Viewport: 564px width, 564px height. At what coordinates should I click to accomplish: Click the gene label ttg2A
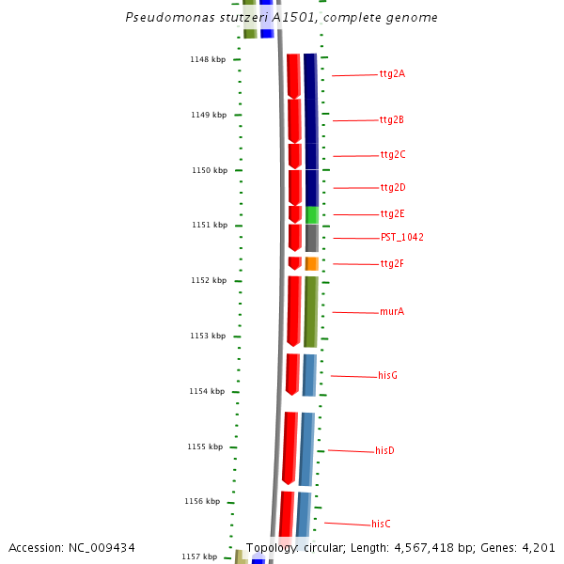[x=392, y=73]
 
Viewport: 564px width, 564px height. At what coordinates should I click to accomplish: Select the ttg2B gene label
[x=392, y=120]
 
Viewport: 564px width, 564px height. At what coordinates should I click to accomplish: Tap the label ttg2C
[x=393, y=154]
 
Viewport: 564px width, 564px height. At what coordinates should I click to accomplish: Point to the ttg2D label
[x=393, y=188]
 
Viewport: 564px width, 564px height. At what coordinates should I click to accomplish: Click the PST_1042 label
[x=401, y=237]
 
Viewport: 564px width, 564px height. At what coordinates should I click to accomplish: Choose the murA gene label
[x=392, y=311]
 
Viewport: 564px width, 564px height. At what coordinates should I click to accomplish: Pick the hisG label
[x=387, y=375]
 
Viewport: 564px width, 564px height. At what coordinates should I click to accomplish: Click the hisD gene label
[x=384, y=451]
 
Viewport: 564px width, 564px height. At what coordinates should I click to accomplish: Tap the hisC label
[x=381, y=524]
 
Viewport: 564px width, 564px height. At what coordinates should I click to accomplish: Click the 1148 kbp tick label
[x=208, y=59]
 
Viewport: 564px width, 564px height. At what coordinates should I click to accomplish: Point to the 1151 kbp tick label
[x=208, y=226]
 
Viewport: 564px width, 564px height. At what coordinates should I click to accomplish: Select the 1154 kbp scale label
[x=207, y=391]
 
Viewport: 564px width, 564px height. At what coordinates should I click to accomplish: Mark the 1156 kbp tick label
[x=203, y=502]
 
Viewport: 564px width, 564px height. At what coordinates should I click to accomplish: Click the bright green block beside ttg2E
[x=312, y=214]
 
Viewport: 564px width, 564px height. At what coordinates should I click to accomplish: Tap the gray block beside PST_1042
[x=311, y=238]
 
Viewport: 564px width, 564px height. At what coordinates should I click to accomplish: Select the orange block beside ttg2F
[x=311, y=264]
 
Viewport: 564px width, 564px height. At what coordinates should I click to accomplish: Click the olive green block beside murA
[x=310, y=311]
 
